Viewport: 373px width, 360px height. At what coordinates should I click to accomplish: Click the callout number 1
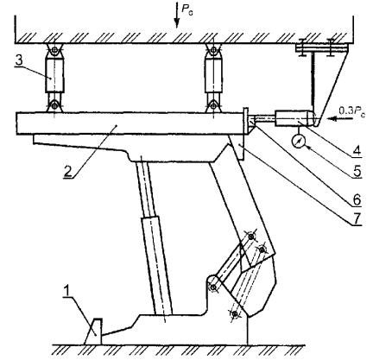click(66, 292)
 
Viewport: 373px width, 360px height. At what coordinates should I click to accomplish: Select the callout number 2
click(67, 172)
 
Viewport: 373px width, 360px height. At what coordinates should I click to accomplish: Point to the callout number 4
click(357, 149)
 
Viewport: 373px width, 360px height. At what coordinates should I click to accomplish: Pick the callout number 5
click(357, 171)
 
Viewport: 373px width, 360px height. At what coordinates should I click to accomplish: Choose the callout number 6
click(357, 199)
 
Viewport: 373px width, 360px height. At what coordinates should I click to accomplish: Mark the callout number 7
click(357, 218)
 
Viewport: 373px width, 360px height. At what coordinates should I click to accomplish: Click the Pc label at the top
click(187, 9)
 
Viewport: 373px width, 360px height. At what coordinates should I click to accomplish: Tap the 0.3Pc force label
click(351, 111)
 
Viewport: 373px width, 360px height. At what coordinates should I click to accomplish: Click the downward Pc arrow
click(176, 15)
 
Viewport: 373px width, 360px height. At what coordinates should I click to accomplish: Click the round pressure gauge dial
click(299, 142)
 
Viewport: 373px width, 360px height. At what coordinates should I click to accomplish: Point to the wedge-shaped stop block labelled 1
click(93, 332)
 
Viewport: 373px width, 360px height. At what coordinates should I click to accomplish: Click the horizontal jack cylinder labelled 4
click(294, 118)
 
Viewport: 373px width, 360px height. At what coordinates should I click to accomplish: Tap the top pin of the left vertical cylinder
click(54, 51)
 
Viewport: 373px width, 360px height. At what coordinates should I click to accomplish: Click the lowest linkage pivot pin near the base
click(235, 313)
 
